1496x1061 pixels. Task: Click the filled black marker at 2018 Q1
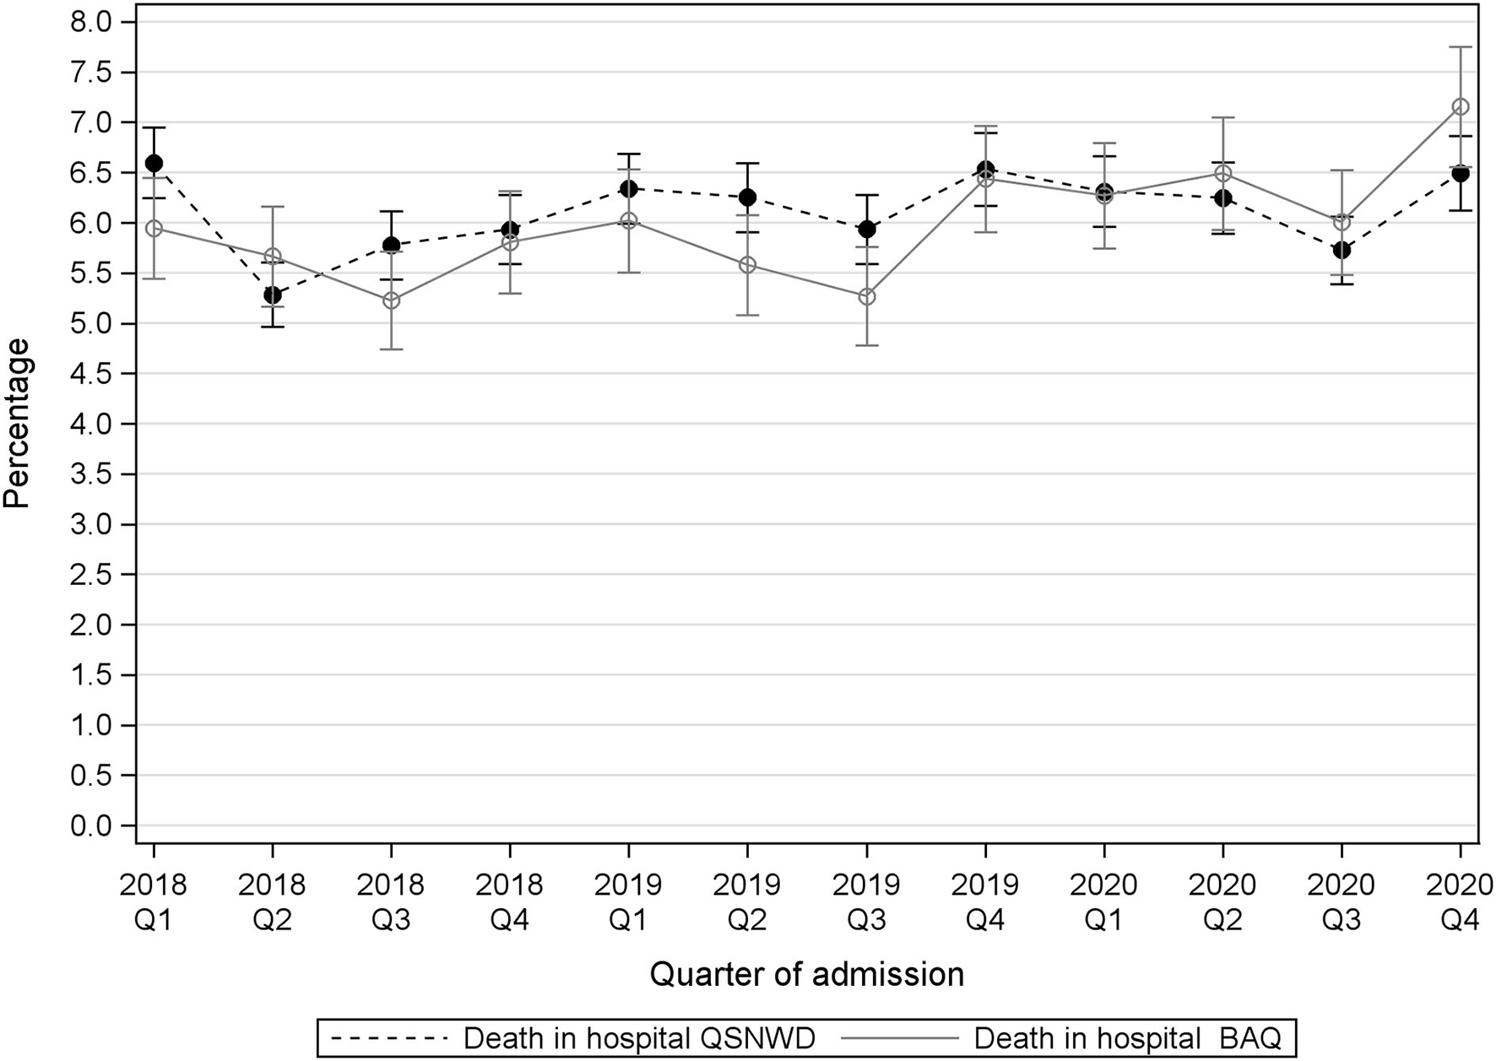(x=154, y=163)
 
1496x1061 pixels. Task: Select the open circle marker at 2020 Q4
(x=1460, y=106)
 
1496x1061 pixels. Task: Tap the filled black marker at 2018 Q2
(x=272, y=295)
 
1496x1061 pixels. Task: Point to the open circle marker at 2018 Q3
(x=391, y=300)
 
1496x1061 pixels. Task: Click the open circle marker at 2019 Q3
(x=866, y=297)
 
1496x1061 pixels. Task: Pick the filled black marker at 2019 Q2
(x=747, y=198)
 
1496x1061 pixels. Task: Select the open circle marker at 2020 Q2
(x=1222, y=174)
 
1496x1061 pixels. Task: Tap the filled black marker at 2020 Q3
(x=1342, y=250)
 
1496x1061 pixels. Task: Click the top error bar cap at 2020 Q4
(x=1460, y=47)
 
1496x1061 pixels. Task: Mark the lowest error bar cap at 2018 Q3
(x=391, y=349)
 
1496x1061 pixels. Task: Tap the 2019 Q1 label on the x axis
(x=628, y=901)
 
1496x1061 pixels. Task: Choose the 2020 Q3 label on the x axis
(x=1342, y=901)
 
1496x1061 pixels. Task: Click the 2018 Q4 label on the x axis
(x=509, y=901)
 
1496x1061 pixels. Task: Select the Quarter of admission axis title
(x=806, y=975)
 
